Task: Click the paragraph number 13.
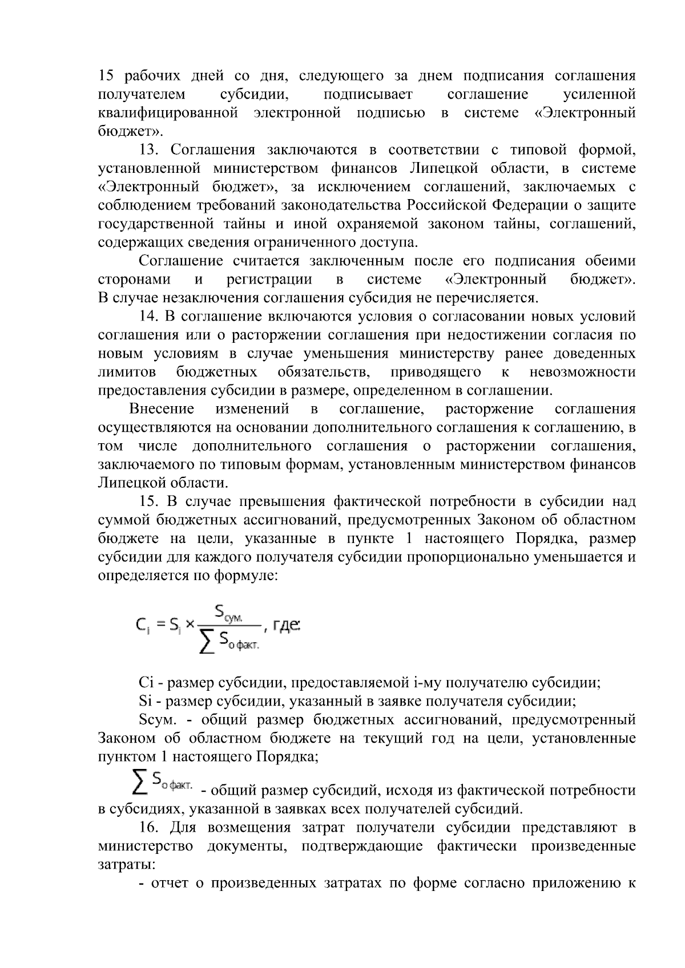(x=152, y=150)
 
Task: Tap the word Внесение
(x=162, y=409)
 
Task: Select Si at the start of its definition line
(x=145, y=702)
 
